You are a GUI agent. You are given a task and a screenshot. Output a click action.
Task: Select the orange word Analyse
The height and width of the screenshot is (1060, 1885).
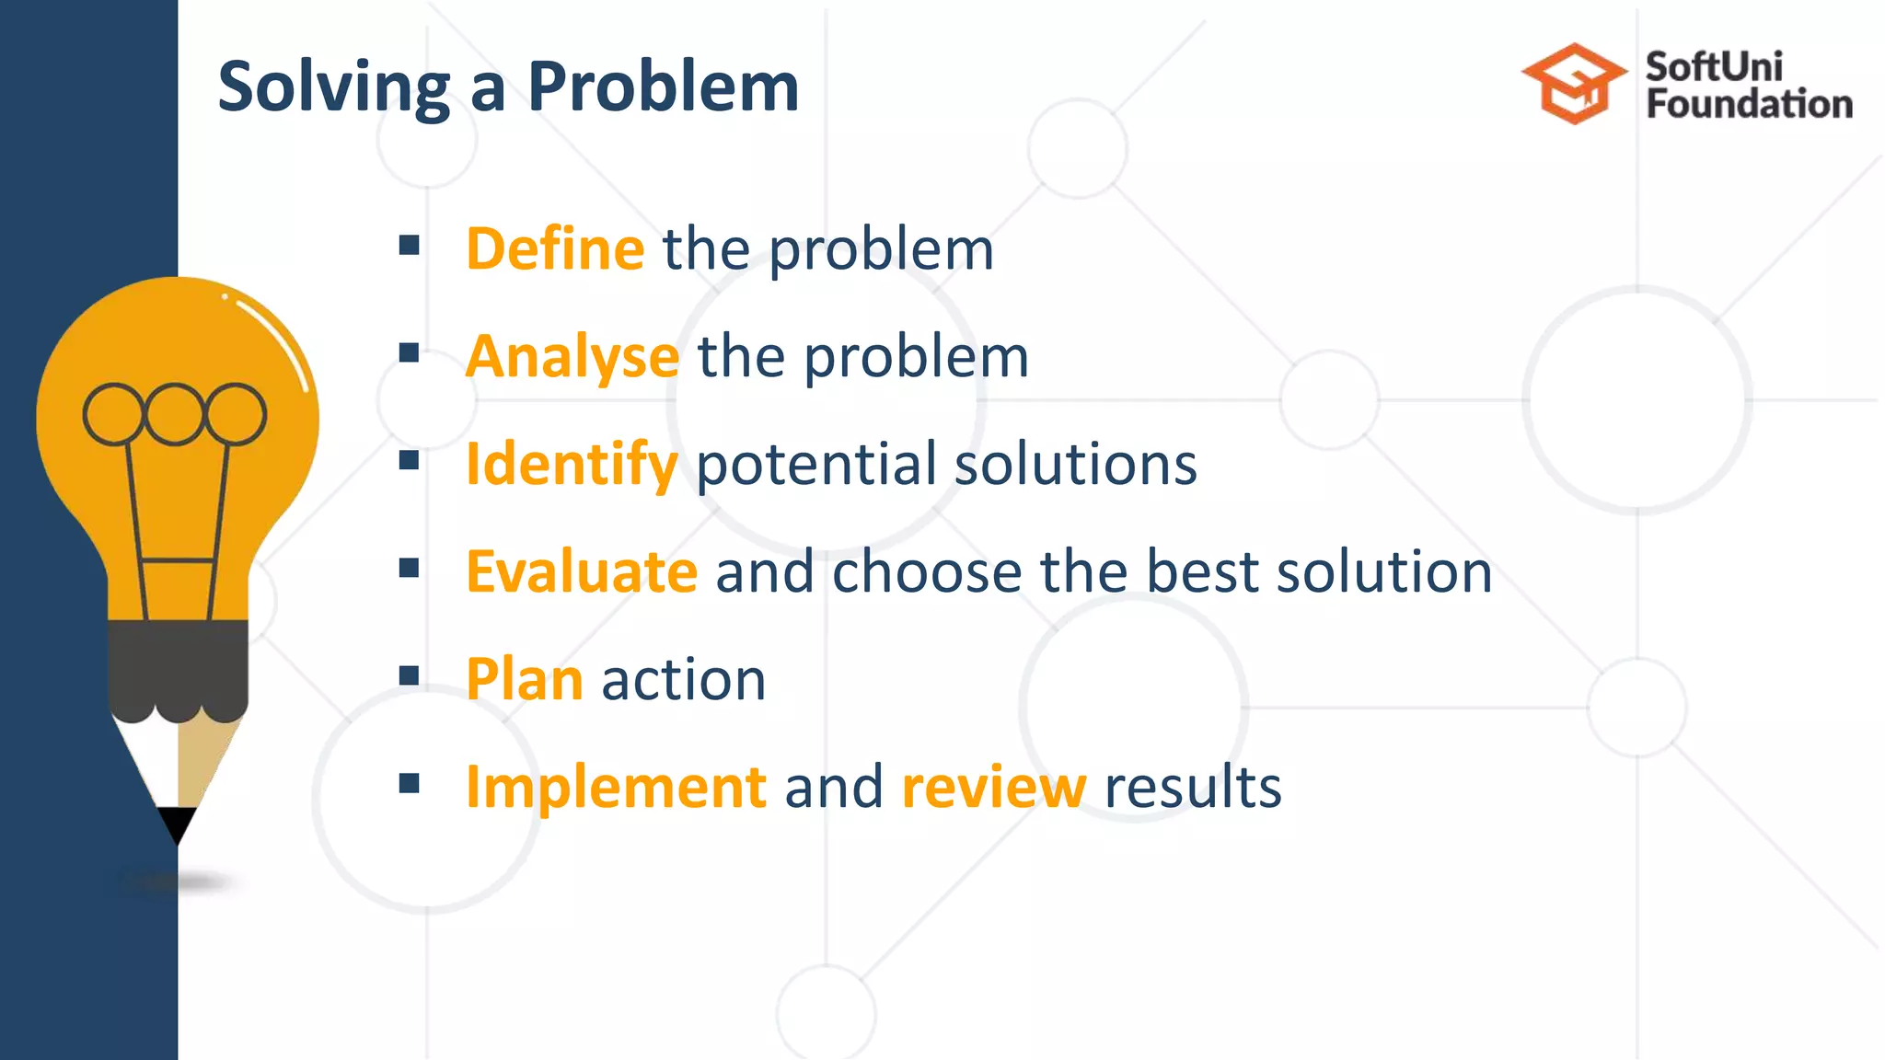572,357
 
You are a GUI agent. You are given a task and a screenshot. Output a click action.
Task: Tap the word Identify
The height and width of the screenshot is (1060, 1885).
572,464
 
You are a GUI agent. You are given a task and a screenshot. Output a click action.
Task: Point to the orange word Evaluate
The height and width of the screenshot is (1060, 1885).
582,571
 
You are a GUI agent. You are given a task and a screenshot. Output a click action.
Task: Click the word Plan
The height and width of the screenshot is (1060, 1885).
524,679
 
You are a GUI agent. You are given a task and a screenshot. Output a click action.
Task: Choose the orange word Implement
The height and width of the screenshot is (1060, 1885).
616,788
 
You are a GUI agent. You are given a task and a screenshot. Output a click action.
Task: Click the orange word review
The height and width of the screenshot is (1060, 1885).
993,788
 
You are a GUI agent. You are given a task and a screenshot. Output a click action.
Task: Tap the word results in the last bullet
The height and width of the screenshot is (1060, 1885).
1192,788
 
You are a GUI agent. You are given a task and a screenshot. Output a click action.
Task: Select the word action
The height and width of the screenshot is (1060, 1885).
683,679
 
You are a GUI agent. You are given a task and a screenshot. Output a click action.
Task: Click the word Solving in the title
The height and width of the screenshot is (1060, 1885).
333,87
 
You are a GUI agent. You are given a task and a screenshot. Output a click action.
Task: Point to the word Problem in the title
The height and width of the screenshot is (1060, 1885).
663,87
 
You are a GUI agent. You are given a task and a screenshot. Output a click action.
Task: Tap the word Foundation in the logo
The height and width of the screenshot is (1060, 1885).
1749,104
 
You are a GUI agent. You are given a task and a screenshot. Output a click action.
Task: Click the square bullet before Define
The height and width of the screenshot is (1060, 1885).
410,245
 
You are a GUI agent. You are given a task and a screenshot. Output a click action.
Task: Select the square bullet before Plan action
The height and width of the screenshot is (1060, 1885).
410,676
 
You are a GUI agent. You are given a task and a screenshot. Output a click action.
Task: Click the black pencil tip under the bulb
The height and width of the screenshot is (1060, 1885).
177,822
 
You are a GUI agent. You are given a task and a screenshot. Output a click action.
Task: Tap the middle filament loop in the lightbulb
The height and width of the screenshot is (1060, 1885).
175,414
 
